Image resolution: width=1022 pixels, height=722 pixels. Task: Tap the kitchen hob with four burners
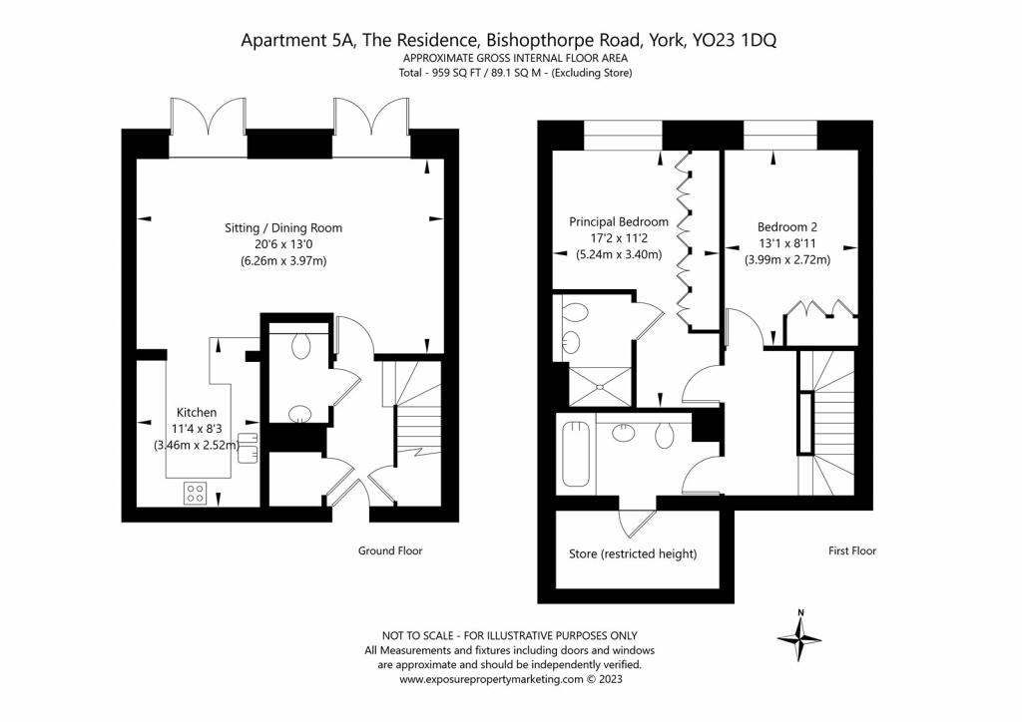coord(196,493)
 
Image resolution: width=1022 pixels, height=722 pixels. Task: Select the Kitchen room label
coord(196,412)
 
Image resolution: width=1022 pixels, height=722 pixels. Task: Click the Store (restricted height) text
coord(632,553)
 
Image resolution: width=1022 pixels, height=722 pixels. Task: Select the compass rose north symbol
coord(799,636)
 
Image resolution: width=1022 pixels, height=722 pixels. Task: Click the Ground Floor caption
coord(390,550)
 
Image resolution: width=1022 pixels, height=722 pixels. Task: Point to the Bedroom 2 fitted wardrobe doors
coord(819,309)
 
